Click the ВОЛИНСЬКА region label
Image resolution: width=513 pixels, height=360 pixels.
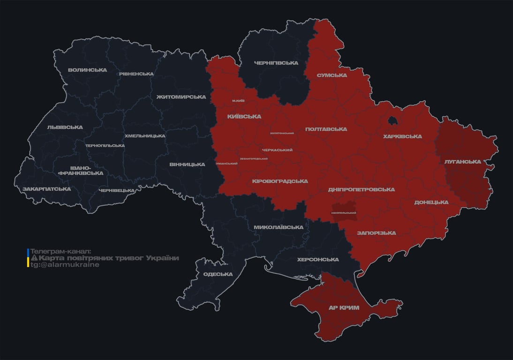pos(87,70)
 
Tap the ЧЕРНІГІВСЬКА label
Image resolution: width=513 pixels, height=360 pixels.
pos(276,63)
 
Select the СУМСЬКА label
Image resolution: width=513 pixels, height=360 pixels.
pos(332,75)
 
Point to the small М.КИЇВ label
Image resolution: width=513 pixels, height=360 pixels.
pos(238,101)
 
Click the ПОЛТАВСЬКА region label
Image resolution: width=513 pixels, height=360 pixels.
pos(326,129)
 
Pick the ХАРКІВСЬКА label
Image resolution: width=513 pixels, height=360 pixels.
pos(402,136)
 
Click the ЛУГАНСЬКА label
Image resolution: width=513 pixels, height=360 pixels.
pos(463,162)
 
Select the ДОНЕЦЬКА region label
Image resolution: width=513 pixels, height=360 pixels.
pos(431,202)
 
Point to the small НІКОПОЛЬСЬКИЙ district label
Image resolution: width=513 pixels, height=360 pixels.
pos(344,213)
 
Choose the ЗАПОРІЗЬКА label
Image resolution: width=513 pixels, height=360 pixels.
pos(376,233)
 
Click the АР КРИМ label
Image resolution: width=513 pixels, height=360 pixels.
pos(344,307)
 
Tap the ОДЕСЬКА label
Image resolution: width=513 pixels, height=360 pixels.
pos(218,274)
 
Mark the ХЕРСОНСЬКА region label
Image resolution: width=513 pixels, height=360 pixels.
pos(318,260)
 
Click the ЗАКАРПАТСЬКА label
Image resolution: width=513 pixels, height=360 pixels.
pos(47,189)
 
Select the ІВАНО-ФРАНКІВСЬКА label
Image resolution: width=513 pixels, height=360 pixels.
pos(80,170)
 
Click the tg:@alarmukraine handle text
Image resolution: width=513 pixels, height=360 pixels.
pos(65,265)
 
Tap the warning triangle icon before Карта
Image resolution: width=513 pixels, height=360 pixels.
pos(34,258)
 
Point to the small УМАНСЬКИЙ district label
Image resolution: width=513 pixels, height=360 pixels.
pos(226,164)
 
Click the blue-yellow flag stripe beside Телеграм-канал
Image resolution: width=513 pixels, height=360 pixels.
pos(28,258)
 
